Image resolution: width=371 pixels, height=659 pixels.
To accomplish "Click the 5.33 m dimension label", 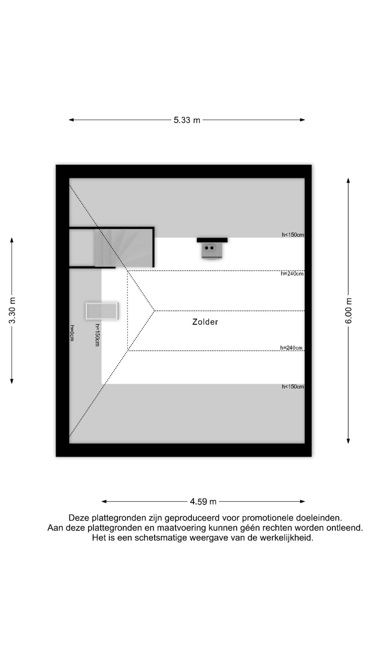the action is coord(187,120).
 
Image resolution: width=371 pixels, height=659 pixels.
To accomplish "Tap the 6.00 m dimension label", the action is coord(349,311).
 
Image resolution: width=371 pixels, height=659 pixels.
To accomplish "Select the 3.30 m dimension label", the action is coord(12,311).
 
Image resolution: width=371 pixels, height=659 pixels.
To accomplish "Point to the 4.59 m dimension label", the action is coord(203,502).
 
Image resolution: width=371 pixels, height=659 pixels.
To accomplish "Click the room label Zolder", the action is coord(205,322).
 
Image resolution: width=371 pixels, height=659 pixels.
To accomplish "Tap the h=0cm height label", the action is coord(72,333).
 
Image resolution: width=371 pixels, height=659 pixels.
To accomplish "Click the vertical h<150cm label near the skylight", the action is coord(98,335).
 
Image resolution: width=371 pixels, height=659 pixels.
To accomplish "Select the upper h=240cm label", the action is coord(292,274).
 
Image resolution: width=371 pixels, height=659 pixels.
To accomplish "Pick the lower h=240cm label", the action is coord(291,348).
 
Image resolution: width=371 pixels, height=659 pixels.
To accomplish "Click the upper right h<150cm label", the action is coord(293,235).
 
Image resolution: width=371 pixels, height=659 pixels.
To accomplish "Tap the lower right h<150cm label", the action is coord(293,386).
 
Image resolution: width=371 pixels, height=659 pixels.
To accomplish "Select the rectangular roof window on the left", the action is coord(102,311).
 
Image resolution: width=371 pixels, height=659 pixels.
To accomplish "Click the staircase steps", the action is coord(124,248).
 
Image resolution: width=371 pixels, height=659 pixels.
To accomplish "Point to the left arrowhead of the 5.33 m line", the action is coord(71,120).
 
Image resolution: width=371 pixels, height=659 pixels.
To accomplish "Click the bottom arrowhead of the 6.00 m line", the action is coord(348,441).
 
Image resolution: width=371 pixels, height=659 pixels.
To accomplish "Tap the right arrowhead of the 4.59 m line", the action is coord(303,501).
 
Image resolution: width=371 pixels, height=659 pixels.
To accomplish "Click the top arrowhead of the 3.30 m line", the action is coord(12,240).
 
